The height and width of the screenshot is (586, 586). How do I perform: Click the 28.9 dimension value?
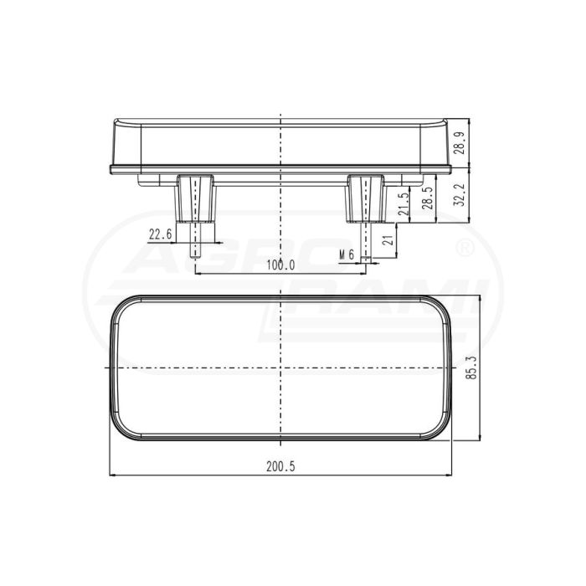click(x=460, y=143)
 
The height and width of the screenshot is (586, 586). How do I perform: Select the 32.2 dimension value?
click(x=460, y=195)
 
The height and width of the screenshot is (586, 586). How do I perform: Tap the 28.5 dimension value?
click(x=429, y=198)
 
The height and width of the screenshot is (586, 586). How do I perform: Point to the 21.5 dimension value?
click(x=404, y=204)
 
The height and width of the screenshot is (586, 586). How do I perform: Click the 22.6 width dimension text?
click(x=161, y=234)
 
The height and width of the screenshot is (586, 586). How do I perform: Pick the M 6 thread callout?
click(x=347, y=254)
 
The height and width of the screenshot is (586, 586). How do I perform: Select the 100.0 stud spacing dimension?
click(x=280, y=265)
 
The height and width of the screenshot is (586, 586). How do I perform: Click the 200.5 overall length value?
click(x=280, y=467)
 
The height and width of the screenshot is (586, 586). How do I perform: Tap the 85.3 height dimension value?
click(x=472, y=368)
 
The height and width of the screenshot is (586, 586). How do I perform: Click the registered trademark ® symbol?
click(x=466, y=248)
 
